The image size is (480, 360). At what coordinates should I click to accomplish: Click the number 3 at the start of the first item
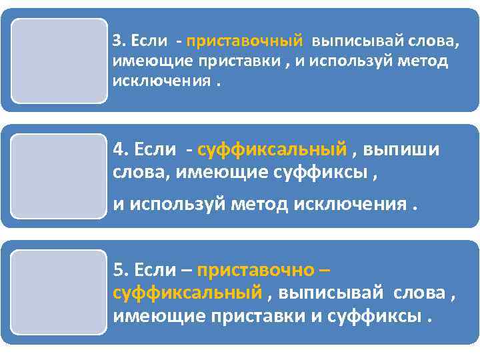(x=117, y=41)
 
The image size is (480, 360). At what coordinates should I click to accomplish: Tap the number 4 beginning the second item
(x=118, y=148)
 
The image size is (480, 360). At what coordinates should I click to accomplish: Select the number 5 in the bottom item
(x=118, y=270)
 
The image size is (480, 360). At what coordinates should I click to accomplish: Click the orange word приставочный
(x=245, y=41)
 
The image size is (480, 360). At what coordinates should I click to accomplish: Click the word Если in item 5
(x=154, y=270)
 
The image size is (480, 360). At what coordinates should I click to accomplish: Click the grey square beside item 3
(x=59, y=61)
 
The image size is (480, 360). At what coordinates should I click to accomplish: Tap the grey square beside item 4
(x=59, y=176)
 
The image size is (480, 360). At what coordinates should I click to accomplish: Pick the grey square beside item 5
(x=59, y=292)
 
